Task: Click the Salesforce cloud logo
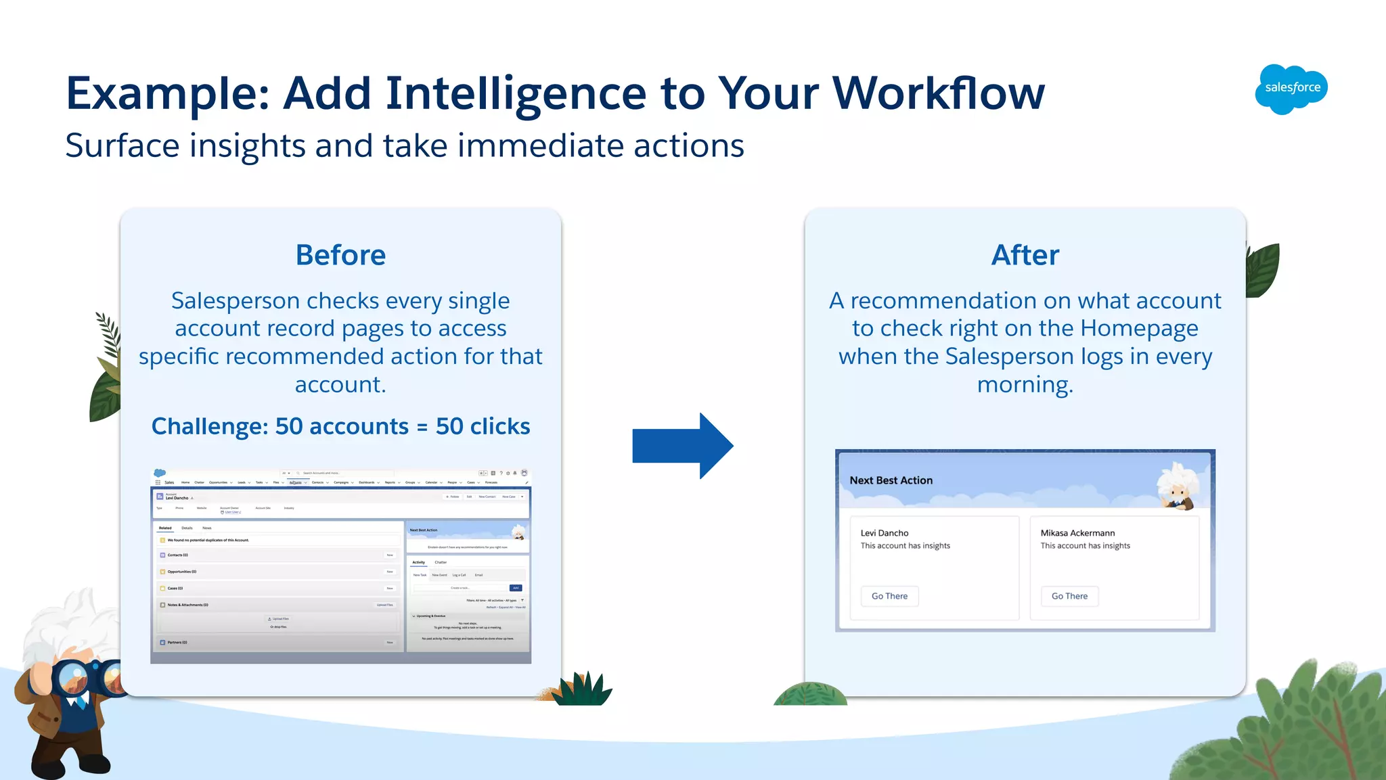[x=1291, y=89]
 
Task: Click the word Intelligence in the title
[x=516, y=93]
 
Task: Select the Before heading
[x=340, y=255]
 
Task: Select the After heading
[x=1025, y=255]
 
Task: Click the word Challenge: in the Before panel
[x=210, y=426]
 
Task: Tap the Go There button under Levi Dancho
[x=889, y=596]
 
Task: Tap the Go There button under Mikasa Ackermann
[x=1069, y=596]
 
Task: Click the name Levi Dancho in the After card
[x=885, y=533]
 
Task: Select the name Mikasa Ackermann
[x=1077, y=533]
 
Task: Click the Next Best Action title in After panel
[x=891, y=480]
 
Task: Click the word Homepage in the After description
[x=1139, y=329]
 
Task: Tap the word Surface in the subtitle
[x=122, y=146]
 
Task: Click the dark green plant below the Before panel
[x=584, y=690]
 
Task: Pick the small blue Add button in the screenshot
[x=516, y=588]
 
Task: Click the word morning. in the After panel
[x=1025, y=385]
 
